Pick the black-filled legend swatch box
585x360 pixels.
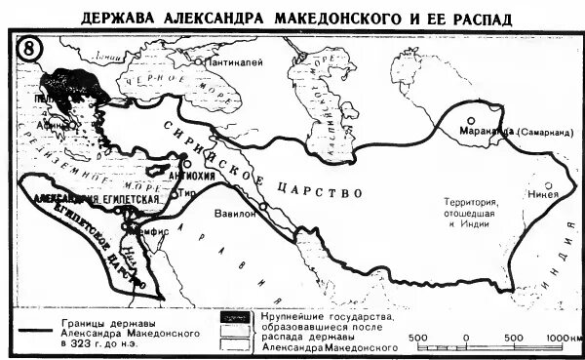(x=232, y=318)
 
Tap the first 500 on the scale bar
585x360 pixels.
(x=419, y=337)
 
